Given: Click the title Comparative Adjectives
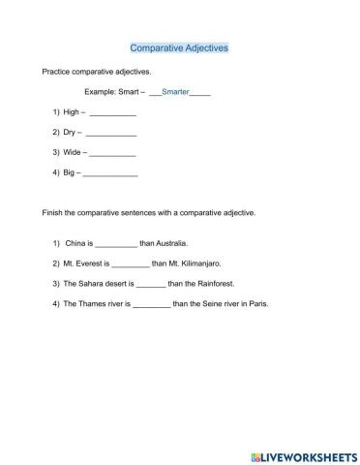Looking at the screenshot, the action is (179, 46).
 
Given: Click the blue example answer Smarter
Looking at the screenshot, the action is (175, 92).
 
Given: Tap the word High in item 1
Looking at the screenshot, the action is (72, 113).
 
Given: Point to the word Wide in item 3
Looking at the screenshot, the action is (73, 153).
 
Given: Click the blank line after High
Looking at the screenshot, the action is (112, 115).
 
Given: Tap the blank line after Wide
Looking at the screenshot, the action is (112, 155).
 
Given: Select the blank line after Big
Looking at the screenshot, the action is (110, 175).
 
